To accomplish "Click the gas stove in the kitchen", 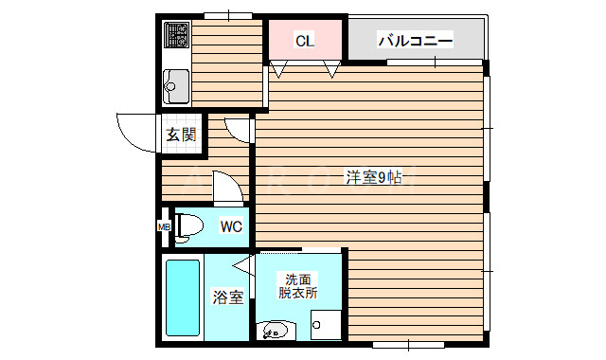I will point(176,37).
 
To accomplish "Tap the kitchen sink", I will point(176,87).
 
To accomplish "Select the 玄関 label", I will point(182,135).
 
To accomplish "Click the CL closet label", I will point(304,41).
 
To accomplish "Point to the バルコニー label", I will point(415,41).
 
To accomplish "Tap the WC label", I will point(232,226).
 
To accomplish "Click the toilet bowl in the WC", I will point(187,225).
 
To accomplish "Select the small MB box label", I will point(163,225).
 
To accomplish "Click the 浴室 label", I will point(228,297).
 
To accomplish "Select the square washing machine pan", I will point(325,324).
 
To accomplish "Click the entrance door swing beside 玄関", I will point(134,130).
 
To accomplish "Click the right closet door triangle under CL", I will point(331,69).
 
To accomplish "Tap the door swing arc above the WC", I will point(228,187).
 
